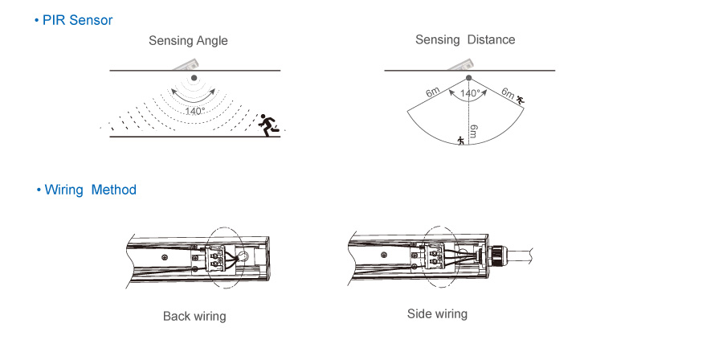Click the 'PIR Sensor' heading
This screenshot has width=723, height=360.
click(x=77, y=20)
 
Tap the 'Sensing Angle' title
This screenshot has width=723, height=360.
click(x=188, y=41)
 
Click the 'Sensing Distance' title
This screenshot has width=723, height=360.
click(x=465, y=39)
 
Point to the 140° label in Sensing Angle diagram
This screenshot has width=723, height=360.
click(x=194, y=111)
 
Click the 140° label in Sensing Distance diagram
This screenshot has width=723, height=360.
click(x=470, y=94)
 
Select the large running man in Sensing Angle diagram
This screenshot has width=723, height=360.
click(x=271, y=124)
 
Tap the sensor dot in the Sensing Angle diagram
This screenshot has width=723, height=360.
click(x=194, y=78)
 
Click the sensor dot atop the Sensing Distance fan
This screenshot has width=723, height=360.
click(x=469, y=78)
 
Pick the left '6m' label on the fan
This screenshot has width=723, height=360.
click(x=433, y=93)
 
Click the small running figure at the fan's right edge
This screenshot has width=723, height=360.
click(x=521, y=100)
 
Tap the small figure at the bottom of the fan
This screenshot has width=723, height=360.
click(x=460, y=141)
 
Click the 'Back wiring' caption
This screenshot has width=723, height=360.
click(x=194, y=316)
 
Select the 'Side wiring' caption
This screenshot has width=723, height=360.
click(x=437, y=313)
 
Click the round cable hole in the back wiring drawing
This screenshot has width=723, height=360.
click(x=241, y=257)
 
